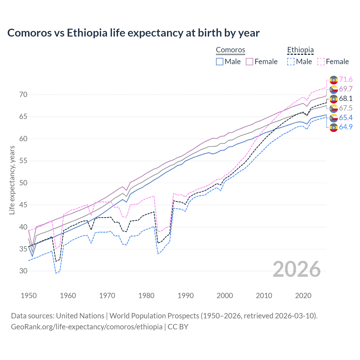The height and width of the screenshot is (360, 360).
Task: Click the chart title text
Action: tap(133, 33)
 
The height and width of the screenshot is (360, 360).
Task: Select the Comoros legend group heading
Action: tap(230, 50)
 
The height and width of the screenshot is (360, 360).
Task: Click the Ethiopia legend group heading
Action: tap(300, 50)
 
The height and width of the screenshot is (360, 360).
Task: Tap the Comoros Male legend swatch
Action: tap(220, 62)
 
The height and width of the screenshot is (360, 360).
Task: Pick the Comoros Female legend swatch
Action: tap(249, 62)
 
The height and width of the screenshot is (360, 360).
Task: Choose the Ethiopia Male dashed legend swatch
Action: tap(291, 62)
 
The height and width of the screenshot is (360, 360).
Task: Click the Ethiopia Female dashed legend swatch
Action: tap(321, 62)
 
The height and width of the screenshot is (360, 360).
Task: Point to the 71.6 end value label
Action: tap(346, 80)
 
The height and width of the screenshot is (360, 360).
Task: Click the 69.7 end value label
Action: tap(346, 89)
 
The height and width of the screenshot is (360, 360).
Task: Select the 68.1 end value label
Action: tap(346, 99)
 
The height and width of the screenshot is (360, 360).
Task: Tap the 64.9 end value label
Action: tap(346, 127)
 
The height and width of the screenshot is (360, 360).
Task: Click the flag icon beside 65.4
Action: tap(334, 118)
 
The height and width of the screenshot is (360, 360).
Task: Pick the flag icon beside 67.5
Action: tap(334, 108)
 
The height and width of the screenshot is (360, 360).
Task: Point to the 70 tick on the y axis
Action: tap(23, 95)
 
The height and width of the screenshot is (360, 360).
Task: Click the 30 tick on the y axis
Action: tap(23, 271)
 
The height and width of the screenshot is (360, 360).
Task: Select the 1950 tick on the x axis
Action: tap(29, 296)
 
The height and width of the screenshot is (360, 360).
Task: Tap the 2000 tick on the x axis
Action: tap(225, 296)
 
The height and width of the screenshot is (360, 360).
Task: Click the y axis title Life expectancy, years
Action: tap(12, 180)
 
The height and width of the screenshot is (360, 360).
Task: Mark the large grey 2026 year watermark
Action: tap(296, 269)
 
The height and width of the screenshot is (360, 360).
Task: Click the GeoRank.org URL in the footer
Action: tap(87, 327)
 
